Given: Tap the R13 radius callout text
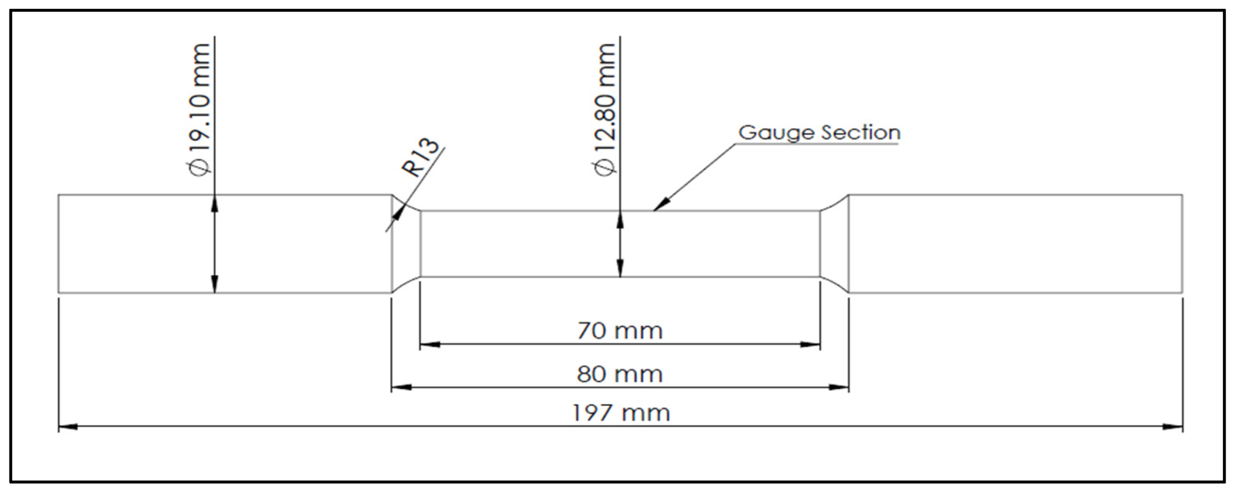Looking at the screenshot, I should pos(420,158).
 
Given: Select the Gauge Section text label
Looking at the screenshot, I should pos(819,133).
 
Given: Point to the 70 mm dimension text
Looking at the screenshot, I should pos(620,331).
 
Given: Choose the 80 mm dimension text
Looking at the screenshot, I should pos(620,374).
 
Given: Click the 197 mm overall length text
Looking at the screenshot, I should pos(621,413).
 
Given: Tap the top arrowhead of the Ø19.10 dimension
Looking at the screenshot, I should pos(214,203).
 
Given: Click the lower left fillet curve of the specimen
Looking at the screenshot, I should pos(406,284).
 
